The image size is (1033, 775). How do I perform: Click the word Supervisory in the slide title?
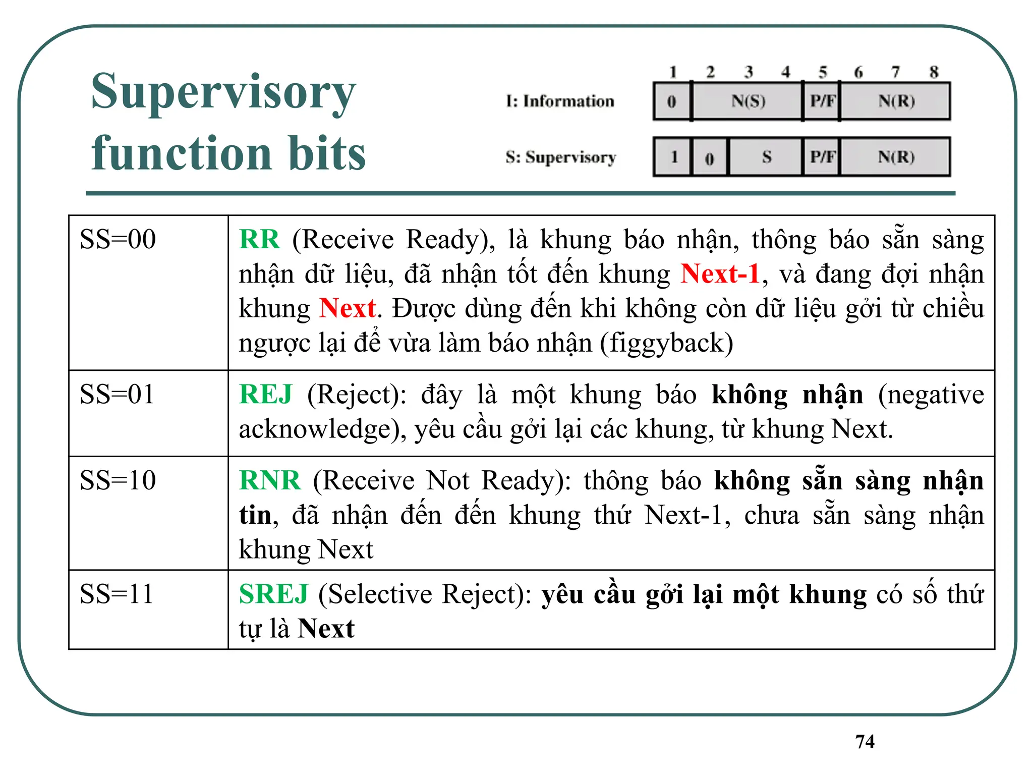(x=223, y=92)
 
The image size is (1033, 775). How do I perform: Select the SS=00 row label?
(x=118, y=239)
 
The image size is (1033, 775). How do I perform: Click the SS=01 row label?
(x=117, y=394)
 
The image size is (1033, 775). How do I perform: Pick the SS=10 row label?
(x=118, y=480)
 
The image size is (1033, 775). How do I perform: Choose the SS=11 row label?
(x=117, y=594)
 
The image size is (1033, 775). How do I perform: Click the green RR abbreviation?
(x=259, y=239)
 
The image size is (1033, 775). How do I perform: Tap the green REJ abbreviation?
(x=266, y=394)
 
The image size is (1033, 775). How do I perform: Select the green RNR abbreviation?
(x=270, y=480)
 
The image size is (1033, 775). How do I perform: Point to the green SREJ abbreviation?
(x=273, y=594)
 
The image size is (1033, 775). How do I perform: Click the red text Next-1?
(x=720, y=274)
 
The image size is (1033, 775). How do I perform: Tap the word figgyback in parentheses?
(x=666, y=343)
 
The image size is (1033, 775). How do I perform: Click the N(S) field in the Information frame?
(x=748, y=101)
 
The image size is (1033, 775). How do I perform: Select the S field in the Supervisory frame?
(x=766, y=157)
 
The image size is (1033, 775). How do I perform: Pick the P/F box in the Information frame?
(x=822, y=101)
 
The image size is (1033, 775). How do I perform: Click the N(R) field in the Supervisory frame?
(x=896, y=157)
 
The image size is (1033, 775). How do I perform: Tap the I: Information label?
(x=560, y=101)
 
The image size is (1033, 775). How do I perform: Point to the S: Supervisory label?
(x=560, y=157)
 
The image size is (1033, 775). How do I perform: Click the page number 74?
(x=865, y=741)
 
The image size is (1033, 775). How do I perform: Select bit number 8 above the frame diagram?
(x=934, y=72)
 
